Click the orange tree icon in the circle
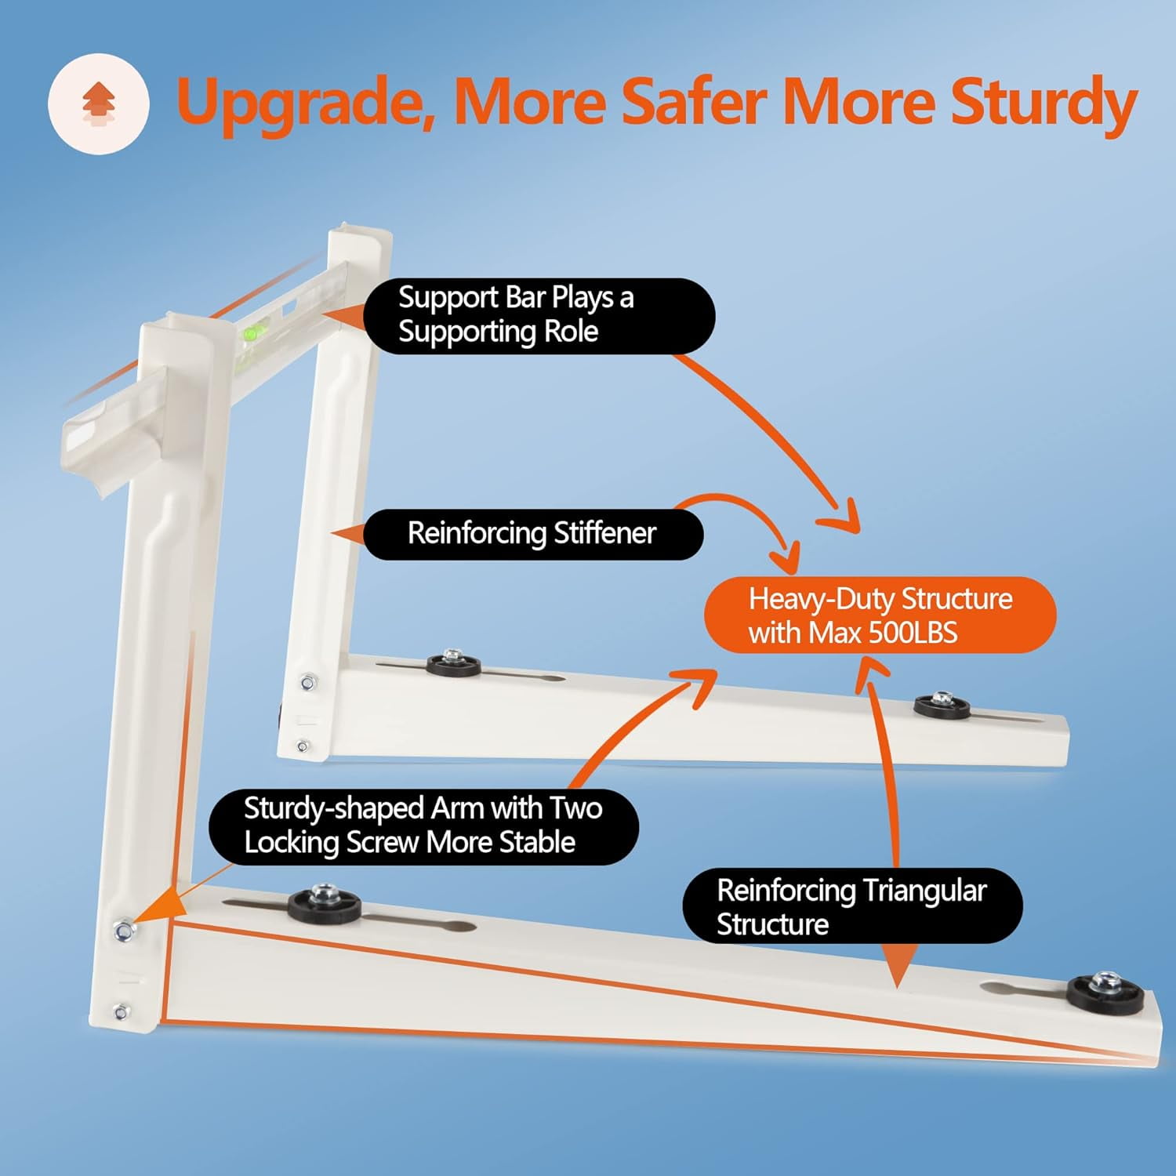(99, 103)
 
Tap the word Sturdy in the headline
(1043, 103)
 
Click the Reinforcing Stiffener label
(532, 534)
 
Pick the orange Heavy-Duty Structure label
(880, 615)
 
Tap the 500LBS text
(913, 633)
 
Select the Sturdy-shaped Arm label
(423, 826)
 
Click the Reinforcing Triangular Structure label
(851, 906)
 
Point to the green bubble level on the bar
(252, 332)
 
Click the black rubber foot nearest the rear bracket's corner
(453, 664)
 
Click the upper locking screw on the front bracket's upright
(123, 931)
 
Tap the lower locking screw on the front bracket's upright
(121, 1012)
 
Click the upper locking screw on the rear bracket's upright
(308, 683)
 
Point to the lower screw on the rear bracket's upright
(303, 746)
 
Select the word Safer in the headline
(691, 103)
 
